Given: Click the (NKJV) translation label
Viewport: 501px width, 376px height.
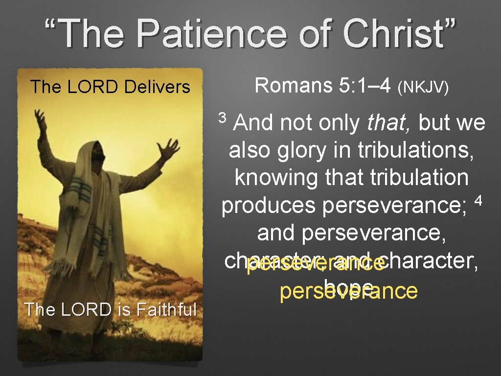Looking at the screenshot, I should (423, 88).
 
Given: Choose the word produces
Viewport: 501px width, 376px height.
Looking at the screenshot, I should (269, 206).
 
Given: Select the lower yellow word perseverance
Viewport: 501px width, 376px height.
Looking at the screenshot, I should (348, 291).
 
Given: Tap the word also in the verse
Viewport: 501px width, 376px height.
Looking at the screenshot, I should (249, 151).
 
